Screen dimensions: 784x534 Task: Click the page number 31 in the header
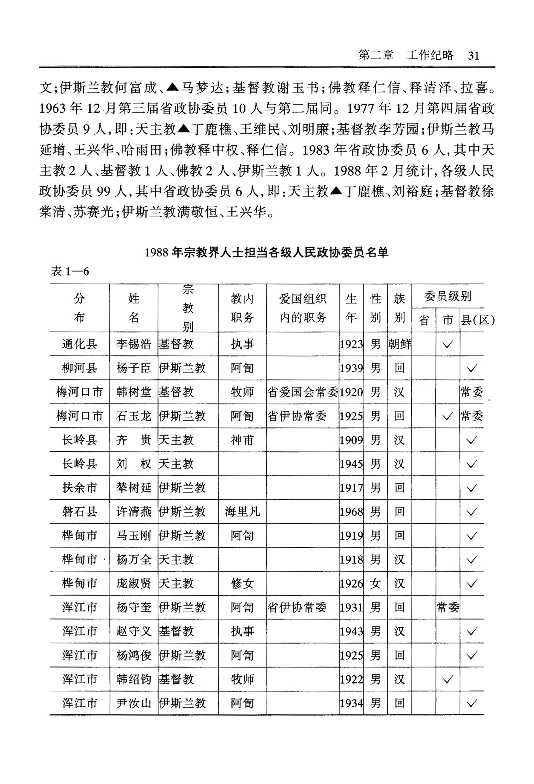[x=473, y=56]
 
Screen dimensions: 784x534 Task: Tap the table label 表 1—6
[x=70, y=271]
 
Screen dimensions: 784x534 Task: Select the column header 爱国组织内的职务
[x=303, y=308]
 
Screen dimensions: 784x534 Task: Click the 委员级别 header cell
[x=447, y=296]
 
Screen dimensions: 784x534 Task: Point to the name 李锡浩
[x=133, y=344]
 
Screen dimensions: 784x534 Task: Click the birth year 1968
[x=351, y=512]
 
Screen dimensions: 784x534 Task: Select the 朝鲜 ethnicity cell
[x=399, y=344]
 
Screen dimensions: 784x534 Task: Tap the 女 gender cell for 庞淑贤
[x=375, y=583]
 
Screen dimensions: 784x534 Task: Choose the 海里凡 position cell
[x=242, y=512]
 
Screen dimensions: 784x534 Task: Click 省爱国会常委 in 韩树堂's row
[x=303, y=392]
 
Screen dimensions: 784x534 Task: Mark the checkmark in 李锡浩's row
[x=447, y=344]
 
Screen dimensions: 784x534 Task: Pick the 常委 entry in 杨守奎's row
[x=447, y=607]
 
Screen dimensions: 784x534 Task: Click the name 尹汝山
[x=133, y=703]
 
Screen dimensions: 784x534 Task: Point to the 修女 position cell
[x=242, y=583]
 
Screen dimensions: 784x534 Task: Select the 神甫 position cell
[x=242, y=440]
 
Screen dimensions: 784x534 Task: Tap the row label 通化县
[x=79, y=344]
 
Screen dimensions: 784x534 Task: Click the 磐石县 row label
[x=79, y=512]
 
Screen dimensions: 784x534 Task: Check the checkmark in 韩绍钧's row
[x=447, y=679]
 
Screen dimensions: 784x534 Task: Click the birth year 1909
[x=351, y=440]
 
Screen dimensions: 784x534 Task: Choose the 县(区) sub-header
[x=477, y=320]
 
